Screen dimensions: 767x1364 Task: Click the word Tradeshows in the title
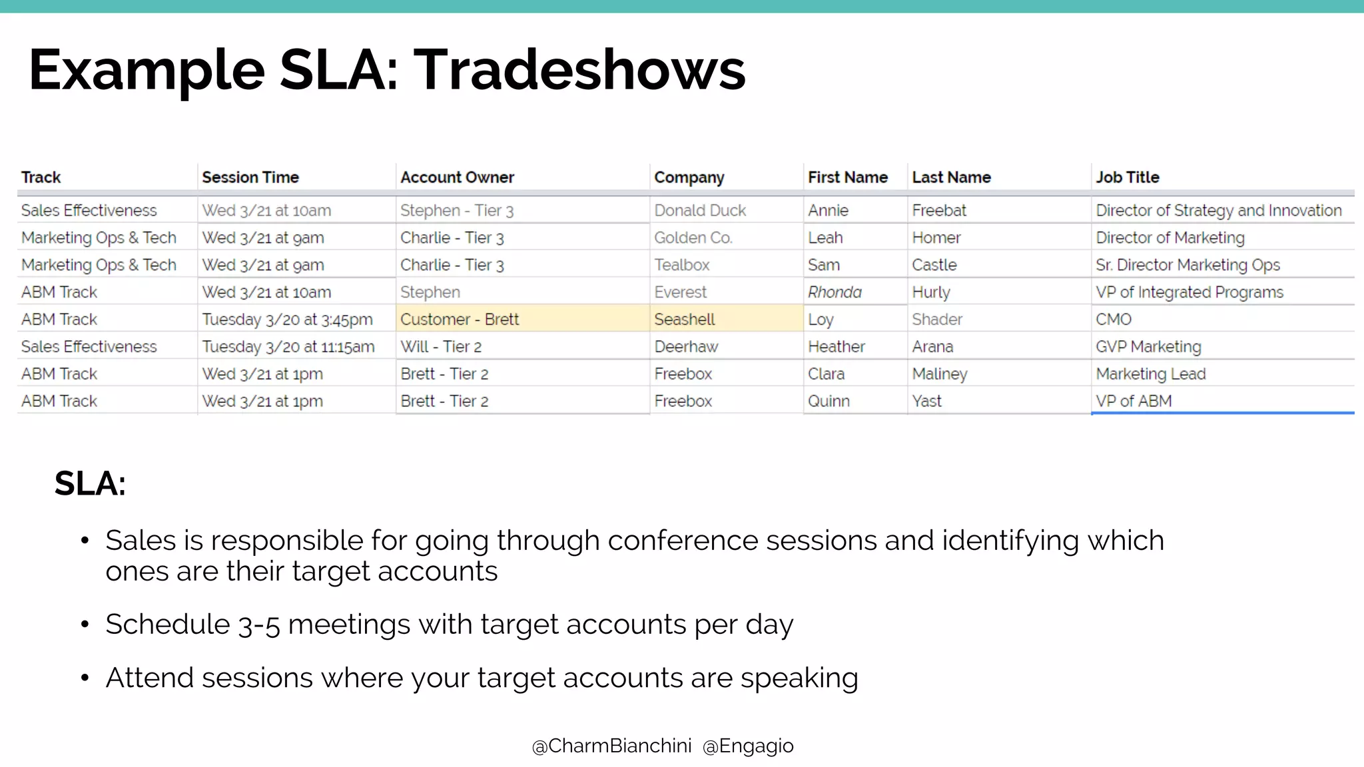click(579, 71)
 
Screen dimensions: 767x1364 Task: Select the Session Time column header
click(250, 178)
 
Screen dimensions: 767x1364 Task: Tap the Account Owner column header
click(457, 178)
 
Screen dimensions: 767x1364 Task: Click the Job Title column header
click(1128, 178)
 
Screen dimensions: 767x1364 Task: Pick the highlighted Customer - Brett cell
click(459, 320)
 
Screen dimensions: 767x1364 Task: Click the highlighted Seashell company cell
click(684, 320)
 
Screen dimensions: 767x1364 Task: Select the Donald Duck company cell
click(699, 210)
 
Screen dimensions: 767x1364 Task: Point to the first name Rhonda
click(835, 292)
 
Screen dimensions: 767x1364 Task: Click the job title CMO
click(1114, 320)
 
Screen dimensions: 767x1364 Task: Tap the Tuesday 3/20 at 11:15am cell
click(288, 347)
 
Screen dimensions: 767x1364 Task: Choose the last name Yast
click(926, 401)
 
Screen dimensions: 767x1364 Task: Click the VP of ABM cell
click(1134, 401)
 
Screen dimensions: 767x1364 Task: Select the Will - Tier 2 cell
click(440, 347)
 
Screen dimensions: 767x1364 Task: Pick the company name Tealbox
click(681, 265)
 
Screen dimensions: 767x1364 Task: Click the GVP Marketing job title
click(1148, 347)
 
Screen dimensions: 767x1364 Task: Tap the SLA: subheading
click(90, 483)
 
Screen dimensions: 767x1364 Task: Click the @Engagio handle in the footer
click(748, 746)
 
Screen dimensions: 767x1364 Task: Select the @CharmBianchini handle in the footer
click(611, 746)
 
